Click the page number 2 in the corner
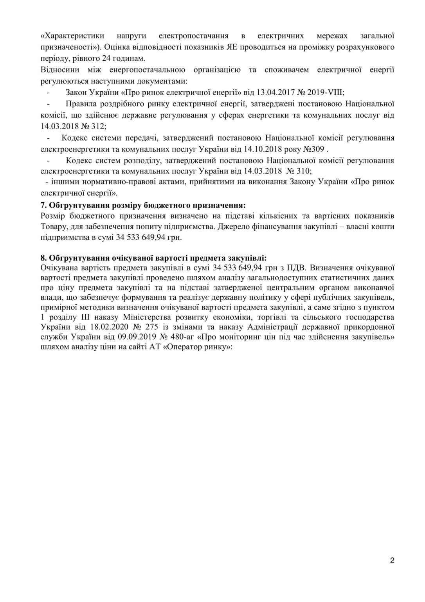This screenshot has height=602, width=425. point(392,560)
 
